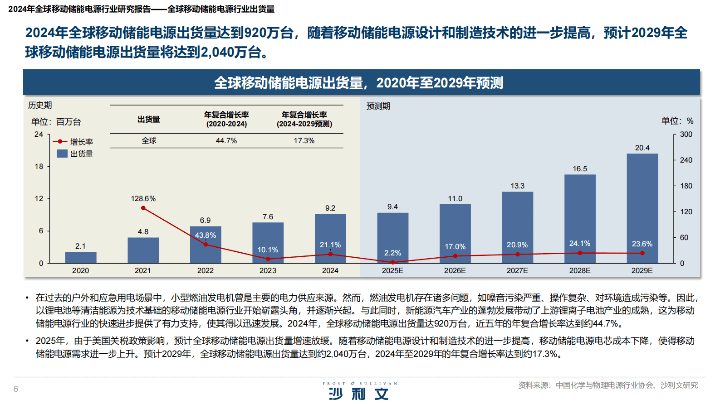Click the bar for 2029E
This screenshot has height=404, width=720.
[642, 208]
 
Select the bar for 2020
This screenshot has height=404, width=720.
[81, 258]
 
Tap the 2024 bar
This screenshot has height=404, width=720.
[330, 238]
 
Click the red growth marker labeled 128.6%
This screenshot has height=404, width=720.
[143, 208]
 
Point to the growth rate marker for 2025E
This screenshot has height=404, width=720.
[393, 262]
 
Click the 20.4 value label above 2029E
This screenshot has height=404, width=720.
[642, 148]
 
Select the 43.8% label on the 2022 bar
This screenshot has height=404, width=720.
[206, 236]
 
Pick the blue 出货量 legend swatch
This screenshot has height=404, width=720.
[62, 154]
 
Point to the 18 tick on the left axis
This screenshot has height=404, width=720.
[39, 166]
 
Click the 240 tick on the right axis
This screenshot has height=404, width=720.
[686, 160]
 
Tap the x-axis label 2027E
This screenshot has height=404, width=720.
[517, 270]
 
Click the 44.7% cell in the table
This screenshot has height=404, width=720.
[226, 141]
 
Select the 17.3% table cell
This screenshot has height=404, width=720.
[304, 141]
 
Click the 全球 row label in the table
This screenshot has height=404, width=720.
[149, 141]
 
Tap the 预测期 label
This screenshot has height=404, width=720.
[378, 106]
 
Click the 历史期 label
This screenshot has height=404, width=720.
[40, 105]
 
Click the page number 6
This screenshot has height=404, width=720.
[16, 389]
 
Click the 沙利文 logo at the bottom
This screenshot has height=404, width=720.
[359, 392]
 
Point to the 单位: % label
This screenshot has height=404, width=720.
[677, 121]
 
